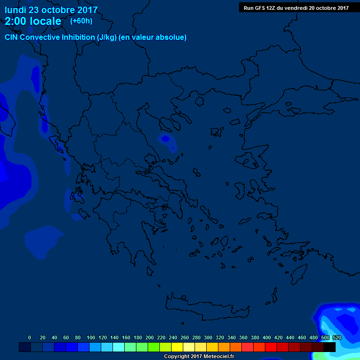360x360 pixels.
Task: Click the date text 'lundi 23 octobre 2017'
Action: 51,10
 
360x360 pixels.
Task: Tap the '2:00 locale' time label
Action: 33,21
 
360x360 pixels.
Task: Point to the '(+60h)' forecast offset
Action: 81,21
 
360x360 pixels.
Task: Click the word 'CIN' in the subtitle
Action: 12,37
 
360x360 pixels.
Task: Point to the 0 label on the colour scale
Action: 30,337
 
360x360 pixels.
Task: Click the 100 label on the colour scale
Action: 90,337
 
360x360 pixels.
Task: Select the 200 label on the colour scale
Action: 150,337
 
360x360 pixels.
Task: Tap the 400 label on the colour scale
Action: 267,337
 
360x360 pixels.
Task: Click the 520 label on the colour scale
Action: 337,337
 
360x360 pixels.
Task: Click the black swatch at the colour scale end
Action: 330,347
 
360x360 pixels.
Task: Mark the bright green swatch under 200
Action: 153,347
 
